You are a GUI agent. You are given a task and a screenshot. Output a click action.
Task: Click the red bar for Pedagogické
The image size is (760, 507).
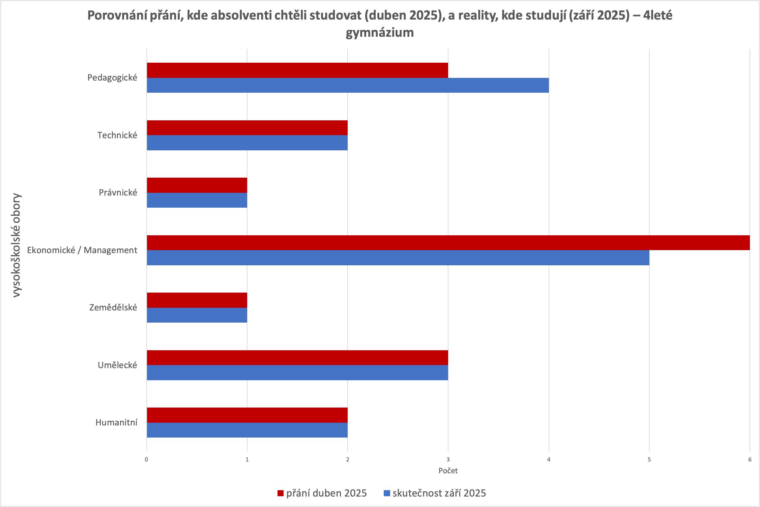(x=297, y=70)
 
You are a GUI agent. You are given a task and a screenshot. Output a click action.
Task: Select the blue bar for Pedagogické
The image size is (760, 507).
(x=348, y=85)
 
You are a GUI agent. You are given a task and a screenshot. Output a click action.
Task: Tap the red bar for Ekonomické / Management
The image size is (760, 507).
(x=448, y=243)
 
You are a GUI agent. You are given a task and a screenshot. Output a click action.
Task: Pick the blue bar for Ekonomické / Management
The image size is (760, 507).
(x=398, y=258)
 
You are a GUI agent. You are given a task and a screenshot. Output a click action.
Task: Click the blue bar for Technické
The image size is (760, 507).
(x=247, y=143)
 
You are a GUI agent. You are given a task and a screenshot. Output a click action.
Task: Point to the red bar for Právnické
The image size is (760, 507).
(x=197, y=185)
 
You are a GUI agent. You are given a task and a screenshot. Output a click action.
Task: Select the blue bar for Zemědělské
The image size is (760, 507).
(x=197, y=315)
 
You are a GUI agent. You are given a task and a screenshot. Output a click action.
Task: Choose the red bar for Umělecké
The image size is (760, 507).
(x=297, y=358)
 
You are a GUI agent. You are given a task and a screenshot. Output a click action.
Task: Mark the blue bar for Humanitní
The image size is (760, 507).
(x=247, y=430)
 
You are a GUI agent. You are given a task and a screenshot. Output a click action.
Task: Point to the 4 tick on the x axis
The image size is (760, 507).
(x=549, y=459)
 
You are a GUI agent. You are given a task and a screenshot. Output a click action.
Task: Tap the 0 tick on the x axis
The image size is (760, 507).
(x=147, y=459)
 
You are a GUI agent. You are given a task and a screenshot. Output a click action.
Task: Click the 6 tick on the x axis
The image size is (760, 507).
(x=750, y=459)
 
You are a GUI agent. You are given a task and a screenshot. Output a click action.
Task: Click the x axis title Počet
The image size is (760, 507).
(x=448, y=471)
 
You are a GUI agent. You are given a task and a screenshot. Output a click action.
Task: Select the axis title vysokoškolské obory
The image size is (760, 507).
(x=16, y=245)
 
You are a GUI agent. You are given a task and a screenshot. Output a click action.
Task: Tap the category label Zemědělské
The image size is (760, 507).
(x=113, y=307)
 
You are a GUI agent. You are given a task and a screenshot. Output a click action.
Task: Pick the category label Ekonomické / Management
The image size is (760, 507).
(x=82, y=250)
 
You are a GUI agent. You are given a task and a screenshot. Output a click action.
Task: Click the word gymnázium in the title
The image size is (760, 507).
(x=380, y=33)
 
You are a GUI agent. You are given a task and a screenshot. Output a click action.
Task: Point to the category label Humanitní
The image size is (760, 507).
(x=116, y=422)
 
